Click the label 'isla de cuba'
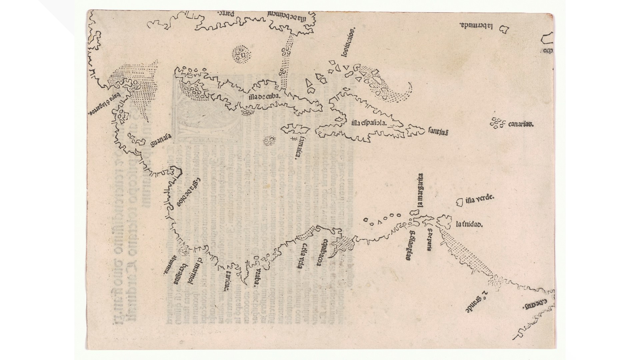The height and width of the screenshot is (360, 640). point(265,97)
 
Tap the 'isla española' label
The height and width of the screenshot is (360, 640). point(369,123)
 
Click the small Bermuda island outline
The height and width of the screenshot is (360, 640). point(504,30)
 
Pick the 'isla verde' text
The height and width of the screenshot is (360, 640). point(479,199)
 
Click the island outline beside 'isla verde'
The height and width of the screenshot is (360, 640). point(460,202)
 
